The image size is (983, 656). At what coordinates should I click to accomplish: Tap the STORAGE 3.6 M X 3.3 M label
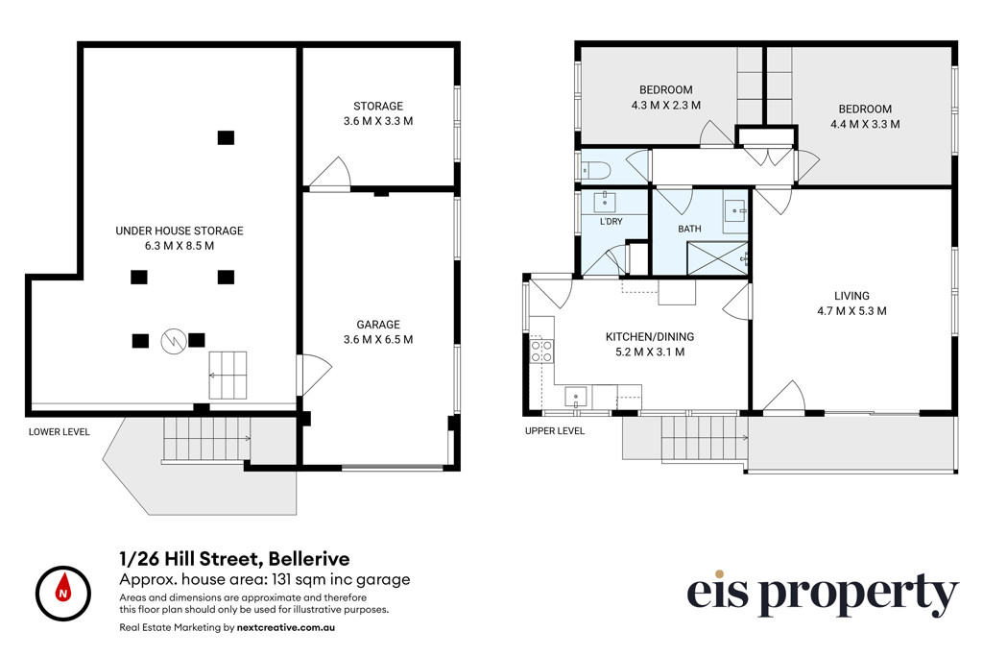coord(378,113)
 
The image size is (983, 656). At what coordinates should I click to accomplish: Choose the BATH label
coord(689,229)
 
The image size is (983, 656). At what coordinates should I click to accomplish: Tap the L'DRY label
coord(611,221)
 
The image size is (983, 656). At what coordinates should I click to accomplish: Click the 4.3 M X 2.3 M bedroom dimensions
coord(666,106)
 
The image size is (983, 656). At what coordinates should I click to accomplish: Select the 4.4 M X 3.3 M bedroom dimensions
coord(865,124)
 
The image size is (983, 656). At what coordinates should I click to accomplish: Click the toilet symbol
coord(595,169)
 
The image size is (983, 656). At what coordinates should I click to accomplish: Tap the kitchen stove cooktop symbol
coord(542,351)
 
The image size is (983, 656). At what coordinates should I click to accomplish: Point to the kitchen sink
coord(576,397)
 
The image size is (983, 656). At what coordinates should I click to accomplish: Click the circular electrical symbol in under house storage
coord(174,341)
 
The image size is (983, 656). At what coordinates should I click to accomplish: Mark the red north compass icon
coord(63,594)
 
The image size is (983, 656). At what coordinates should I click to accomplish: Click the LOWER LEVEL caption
coord(59,432)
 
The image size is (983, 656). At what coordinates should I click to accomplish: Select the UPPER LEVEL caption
coord(555,431)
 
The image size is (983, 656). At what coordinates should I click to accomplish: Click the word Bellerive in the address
coord(309,558)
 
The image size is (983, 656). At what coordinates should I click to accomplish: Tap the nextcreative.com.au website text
coord(286,627)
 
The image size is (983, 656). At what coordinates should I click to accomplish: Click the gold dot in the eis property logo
coord(720,573)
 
